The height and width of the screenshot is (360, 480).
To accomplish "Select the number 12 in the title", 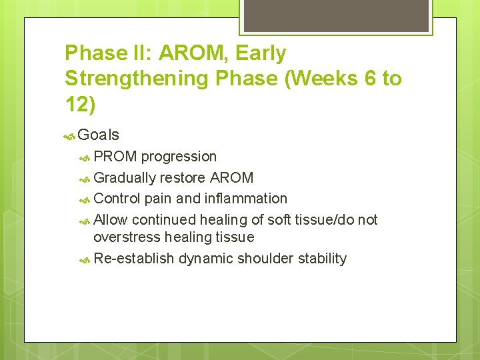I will (78, 104).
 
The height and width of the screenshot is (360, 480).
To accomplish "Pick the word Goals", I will (98, 135).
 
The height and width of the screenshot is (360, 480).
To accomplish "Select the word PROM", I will (115, 157).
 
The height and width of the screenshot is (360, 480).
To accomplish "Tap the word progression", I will (179, 157).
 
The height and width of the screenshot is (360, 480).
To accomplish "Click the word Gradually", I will (125, 178).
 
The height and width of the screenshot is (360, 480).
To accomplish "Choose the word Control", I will (119, 199).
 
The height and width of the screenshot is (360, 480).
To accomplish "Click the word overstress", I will (127, 237).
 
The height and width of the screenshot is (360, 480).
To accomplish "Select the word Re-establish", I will (134, 259).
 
